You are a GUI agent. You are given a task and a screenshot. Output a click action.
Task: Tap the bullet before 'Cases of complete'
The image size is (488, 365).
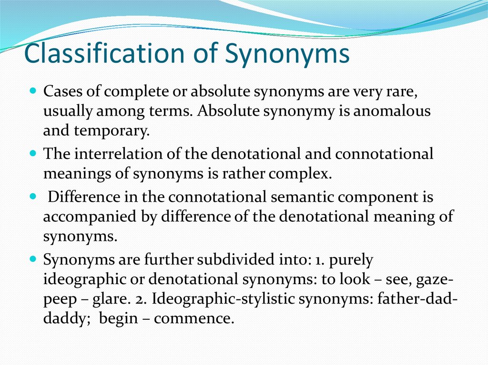(x=33, y=90)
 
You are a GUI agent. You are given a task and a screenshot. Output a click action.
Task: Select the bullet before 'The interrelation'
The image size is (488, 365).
(x=33, y=154)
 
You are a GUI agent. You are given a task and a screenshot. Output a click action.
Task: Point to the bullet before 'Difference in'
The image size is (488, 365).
(x=33, y=196)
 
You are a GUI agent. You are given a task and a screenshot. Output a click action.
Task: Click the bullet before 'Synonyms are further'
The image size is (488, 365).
(x=33, y=260)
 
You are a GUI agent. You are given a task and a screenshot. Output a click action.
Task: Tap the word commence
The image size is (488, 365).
(x=194, y=318)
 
